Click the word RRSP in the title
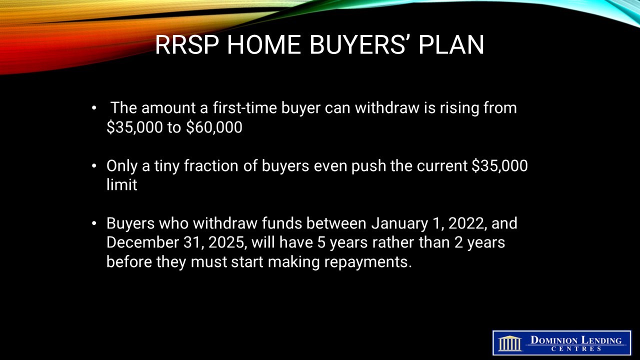[x=187, y=45]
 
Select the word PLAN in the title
[x=451, y=45]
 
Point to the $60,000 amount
[x=214, y=127]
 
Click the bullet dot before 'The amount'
[x=94, y=108]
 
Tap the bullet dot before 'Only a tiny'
[x=94, y=166]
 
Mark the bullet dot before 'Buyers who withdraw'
[x=94, y=223]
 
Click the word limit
[x=121, y=184]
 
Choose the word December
[x=142, y=242]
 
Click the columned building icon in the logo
[x=510, y=343]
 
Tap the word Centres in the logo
[x=576, y=349]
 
